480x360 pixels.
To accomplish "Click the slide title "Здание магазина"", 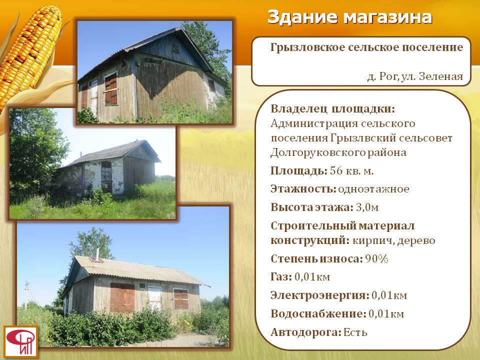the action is [349, 17].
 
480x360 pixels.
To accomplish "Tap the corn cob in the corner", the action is [30, 52].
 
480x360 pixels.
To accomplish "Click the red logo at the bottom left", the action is [21, 341].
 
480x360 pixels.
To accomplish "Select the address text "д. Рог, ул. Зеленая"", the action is [415, 76].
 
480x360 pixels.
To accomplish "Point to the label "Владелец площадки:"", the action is [333, 108].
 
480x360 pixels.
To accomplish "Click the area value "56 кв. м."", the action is [351, 171].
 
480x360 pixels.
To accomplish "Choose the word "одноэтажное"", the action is [373, 189].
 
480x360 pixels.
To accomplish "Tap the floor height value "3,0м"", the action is [367, 207].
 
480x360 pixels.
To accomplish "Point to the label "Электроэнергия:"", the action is [320, 295].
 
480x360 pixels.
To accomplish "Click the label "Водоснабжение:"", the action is [318, 314].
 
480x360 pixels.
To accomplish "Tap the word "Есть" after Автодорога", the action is [355, 332].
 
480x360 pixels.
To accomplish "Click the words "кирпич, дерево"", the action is [393, 240].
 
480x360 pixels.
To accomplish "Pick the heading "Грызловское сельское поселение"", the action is [366, 47].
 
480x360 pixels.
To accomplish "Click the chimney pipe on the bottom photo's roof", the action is [97, 254].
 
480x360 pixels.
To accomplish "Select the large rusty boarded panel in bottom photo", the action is [122, 297].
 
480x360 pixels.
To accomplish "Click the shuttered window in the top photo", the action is [111, 89].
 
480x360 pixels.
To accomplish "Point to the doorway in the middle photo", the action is [106, 177].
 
